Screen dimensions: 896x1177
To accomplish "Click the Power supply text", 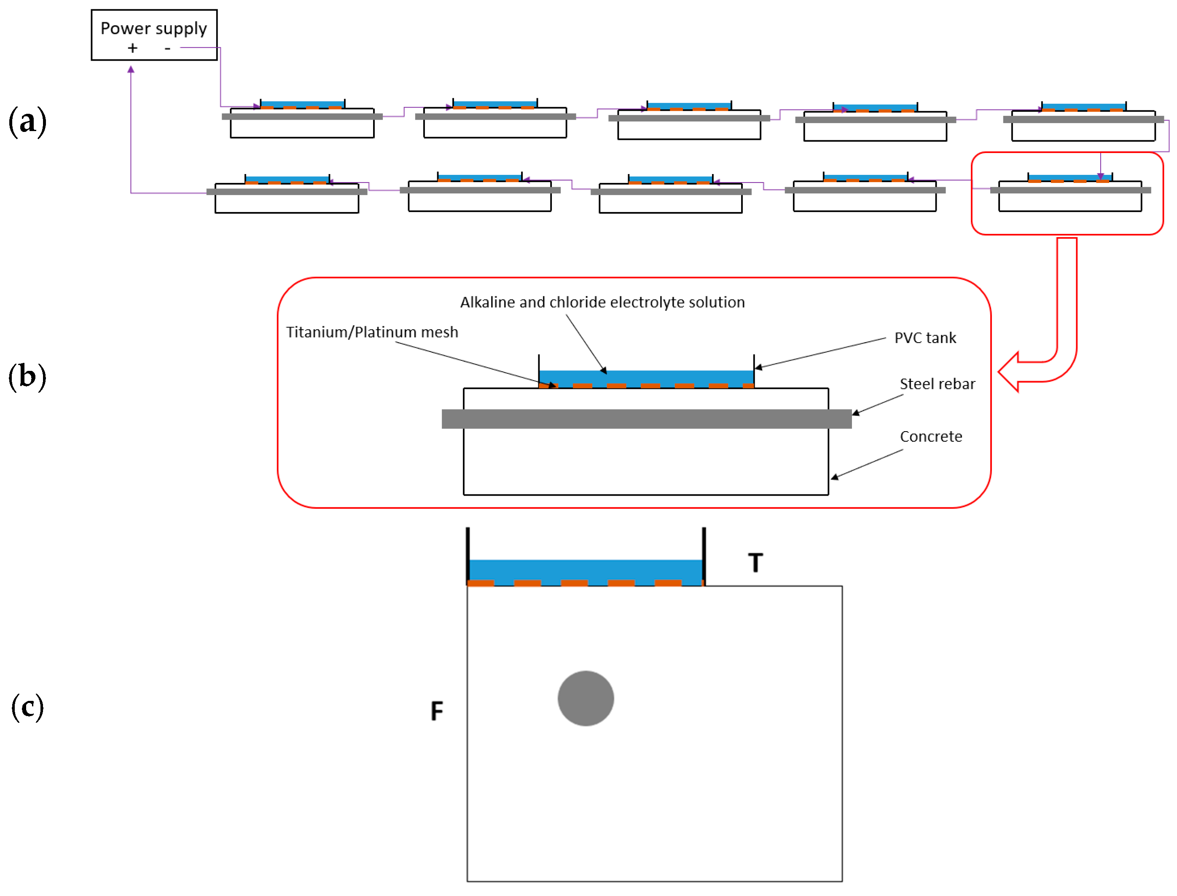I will (x=154, y=28).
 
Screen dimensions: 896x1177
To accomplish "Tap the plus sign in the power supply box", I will (x=132, y=48).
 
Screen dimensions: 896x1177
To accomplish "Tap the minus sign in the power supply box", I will (x=167, y=48).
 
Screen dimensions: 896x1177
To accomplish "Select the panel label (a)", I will (x=27, y=122).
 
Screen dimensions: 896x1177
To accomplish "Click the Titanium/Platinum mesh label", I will (x=372, y=332).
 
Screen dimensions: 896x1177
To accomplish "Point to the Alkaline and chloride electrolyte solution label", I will (x=602, y=303).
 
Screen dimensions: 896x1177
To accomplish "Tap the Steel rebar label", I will (x=937, y=384).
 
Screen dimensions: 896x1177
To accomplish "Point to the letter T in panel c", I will (x=755, y=563).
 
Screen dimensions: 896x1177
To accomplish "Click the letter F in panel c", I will (x=436, y=711).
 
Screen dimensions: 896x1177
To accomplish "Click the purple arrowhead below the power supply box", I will (x=131, y=70).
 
